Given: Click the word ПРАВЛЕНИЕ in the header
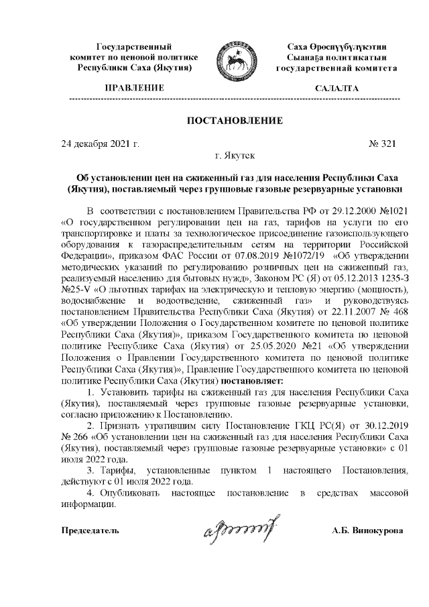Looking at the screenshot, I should click(135, 88).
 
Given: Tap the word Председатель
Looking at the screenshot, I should click(90, 531).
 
